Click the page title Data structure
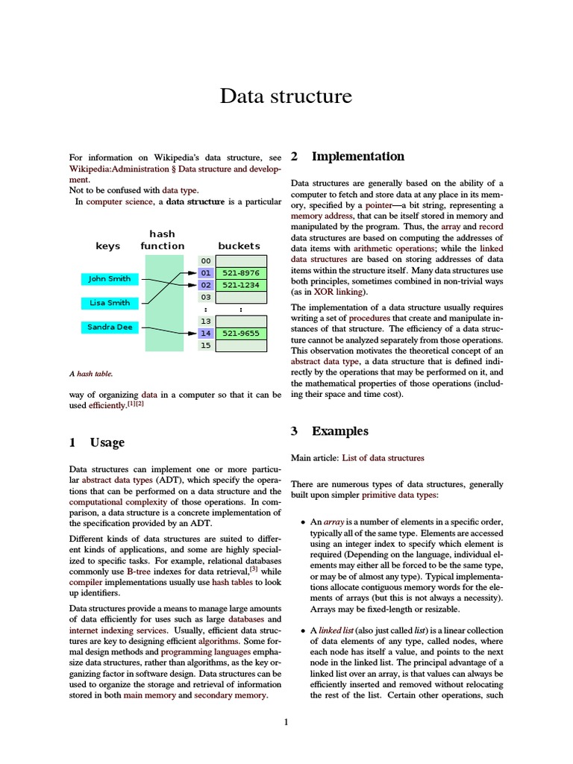pos(286,97)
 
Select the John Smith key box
pos(109,278)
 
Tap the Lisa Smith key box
pos(109,303)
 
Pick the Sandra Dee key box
pos(109,328)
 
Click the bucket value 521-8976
pos(240,273)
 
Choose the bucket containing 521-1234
pos(240,285)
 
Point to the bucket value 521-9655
pos(240,334)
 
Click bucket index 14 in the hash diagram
pos(205,334)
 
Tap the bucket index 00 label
pos(205,260)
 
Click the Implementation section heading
pos(357,157)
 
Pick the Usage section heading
pos(107,442)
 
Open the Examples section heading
pos(339,431)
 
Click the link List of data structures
pos(383,458)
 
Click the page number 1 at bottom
pos(286,721)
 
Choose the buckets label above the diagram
pos(239,245)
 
